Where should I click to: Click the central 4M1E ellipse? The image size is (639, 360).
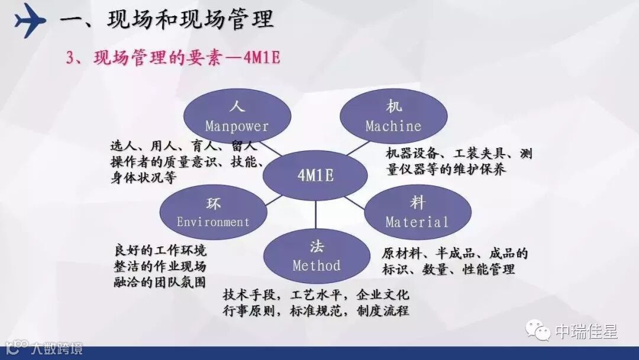[x=315, y=176]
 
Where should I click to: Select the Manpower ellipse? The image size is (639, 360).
[x=237, y=116]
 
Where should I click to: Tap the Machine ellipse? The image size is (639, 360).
[x=393, y=116]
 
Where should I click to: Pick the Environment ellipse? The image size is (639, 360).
[x=213, y=213]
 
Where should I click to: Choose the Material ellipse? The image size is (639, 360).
[x=417, y=213]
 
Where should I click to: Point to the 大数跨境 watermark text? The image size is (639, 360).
[x=57, y=348]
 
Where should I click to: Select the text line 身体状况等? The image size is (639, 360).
[x=143, y=178]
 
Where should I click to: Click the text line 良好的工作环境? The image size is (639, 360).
[x=160, y=250]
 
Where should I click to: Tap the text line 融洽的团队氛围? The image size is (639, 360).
[x=160, y=282]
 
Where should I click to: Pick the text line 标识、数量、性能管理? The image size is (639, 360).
[x=448, y=269]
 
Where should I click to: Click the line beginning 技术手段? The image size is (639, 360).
[x=316, y=295]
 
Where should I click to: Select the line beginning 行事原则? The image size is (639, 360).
[x=316, y=311]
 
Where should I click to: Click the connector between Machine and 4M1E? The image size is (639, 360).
[x=359, y=149]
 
